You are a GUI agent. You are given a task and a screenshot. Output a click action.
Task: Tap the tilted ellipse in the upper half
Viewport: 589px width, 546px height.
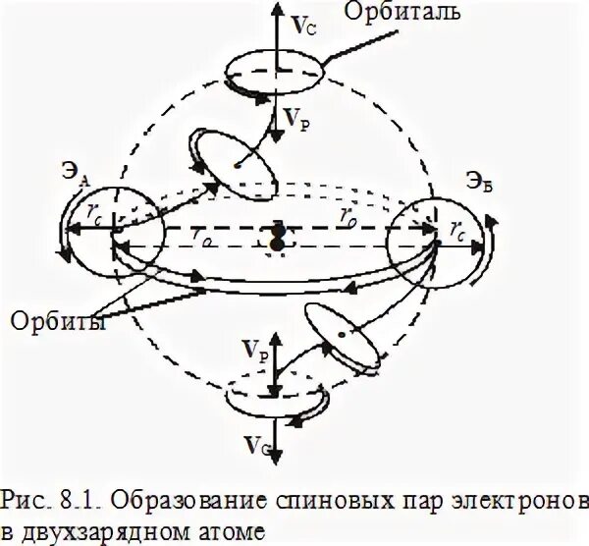(x=232, y=160)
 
